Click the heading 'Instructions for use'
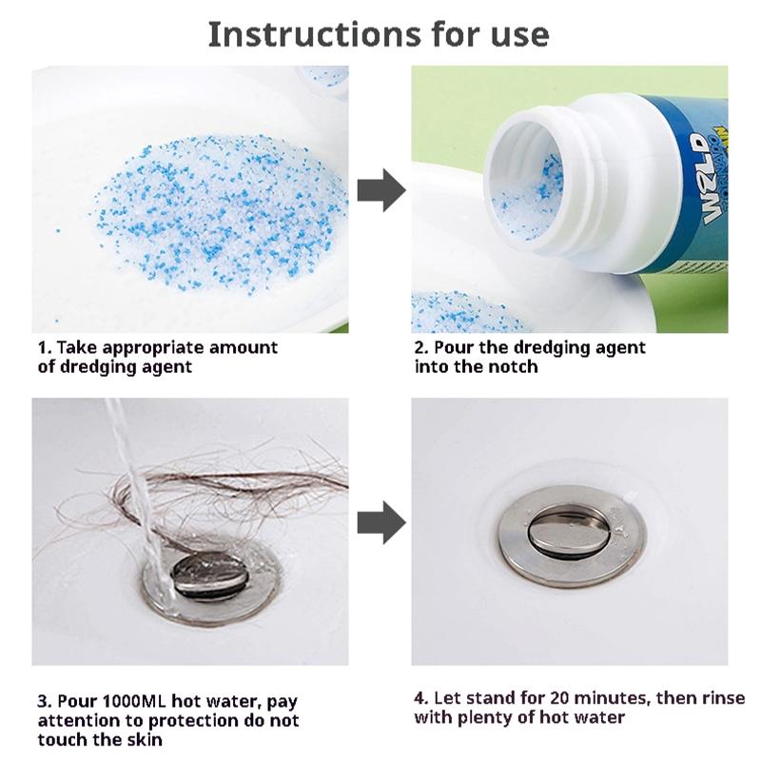[379, 33]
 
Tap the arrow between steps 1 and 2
[380, 191]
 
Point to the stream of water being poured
[138, 476]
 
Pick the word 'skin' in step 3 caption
[142, 739]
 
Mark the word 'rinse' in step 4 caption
[724, 697]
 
